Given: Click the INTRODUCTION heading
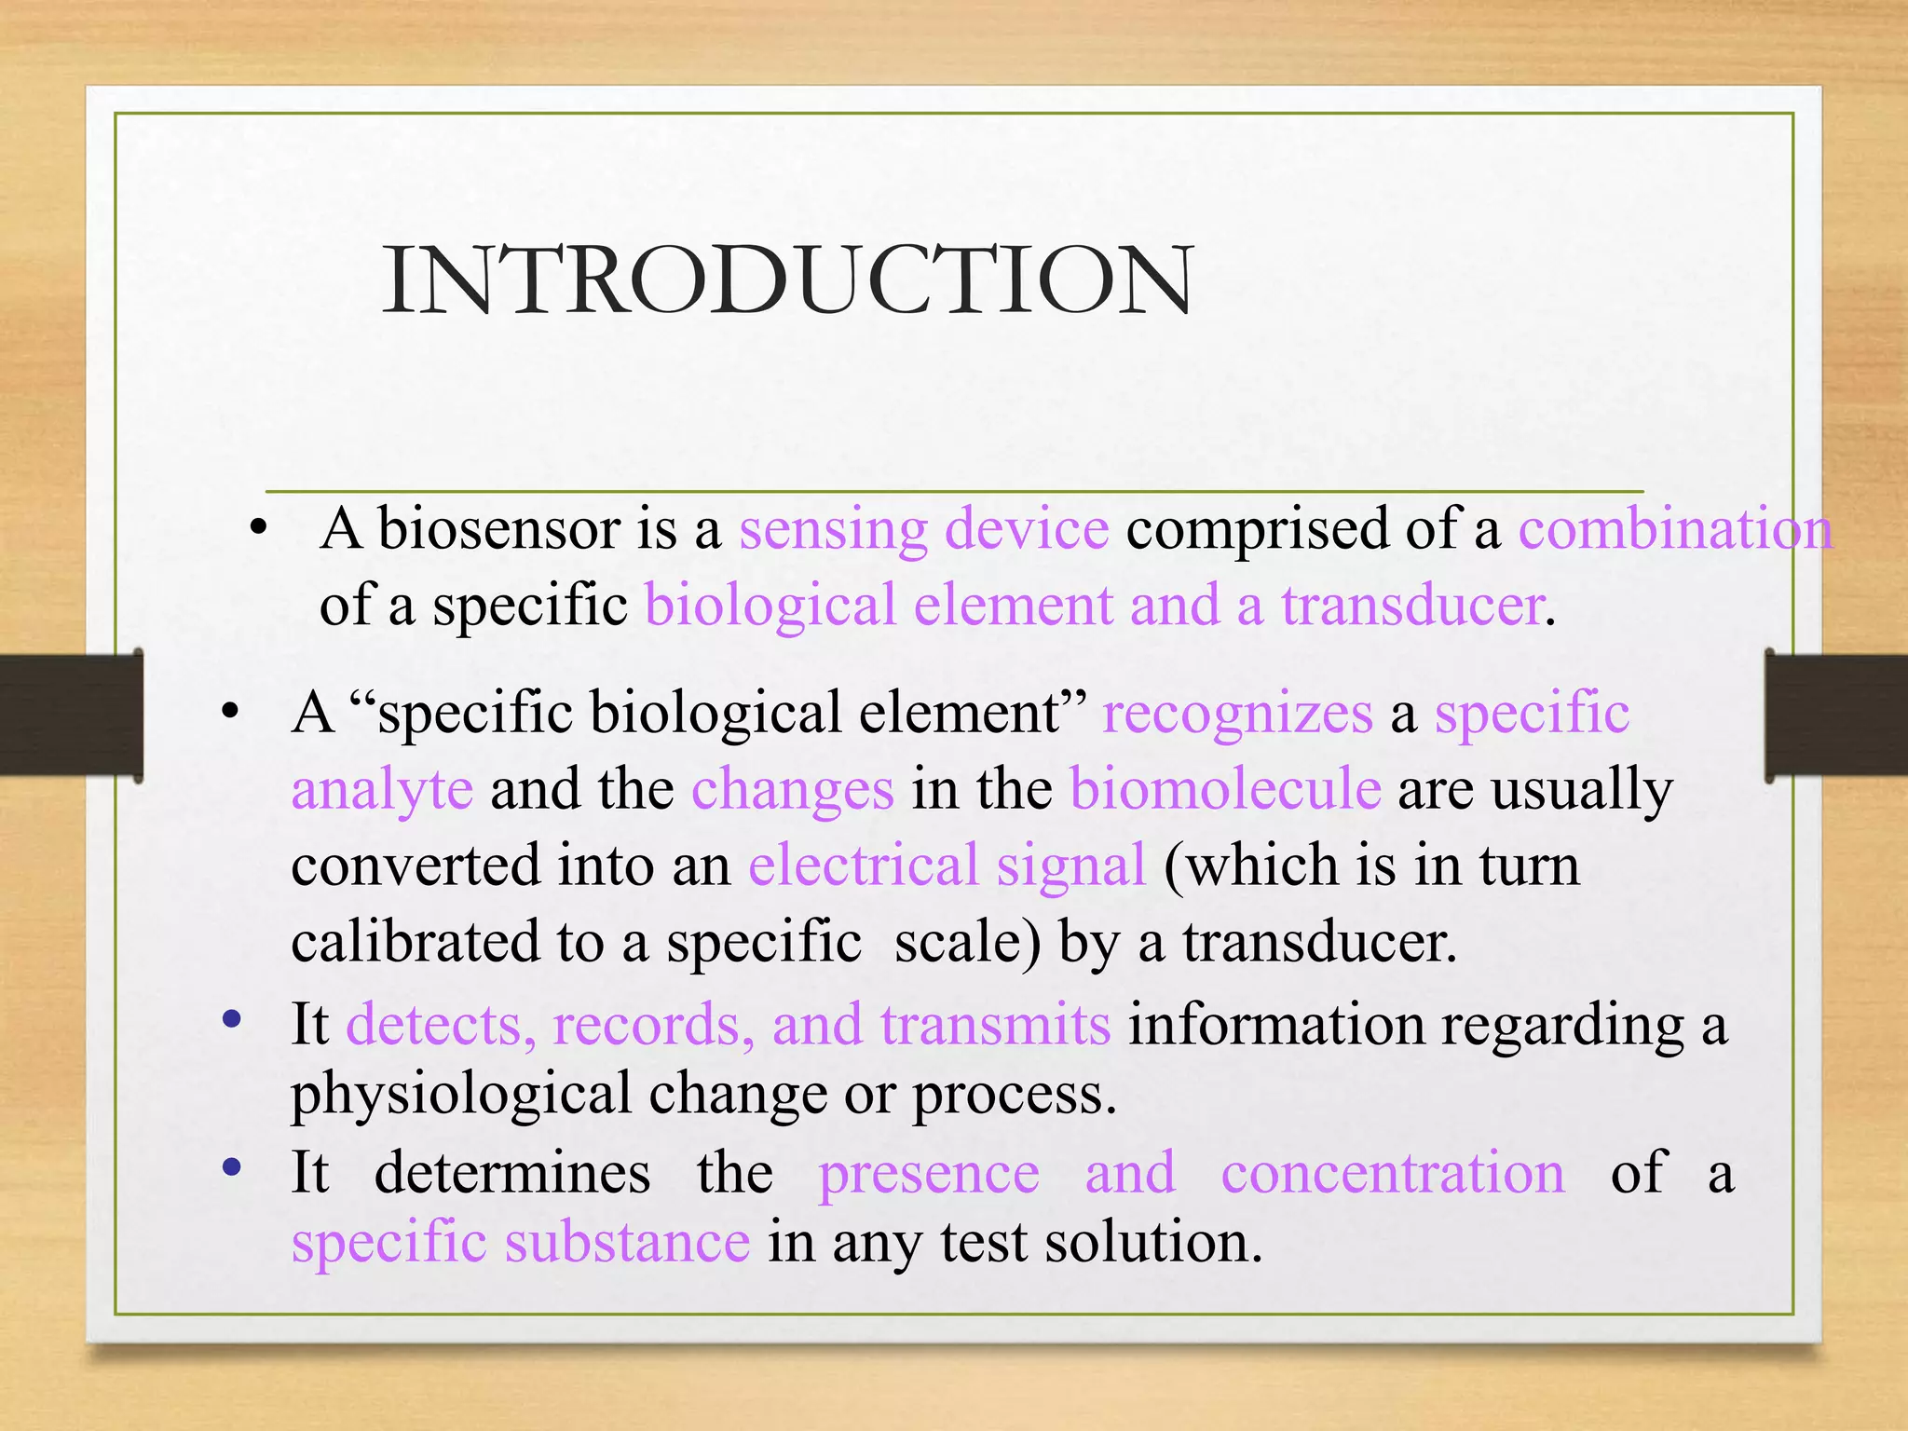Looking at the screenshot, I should (x=787, y=280).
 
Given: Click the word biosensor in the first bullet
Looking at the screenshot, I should (x=498, y=529).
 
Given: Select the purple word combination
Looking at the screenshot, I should (x=1675, y=529).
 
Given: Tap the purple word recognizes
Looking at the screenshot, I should (x=1237, y=714).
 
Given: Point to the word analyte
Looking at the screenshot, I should (x=382, y=790).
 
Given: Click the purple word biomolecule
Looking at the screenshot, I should (x=1225, y=789).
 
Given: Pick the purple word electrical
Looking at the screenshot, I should (x=863, y=865).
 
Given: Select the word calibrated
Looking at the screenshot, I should (x=415, y=941).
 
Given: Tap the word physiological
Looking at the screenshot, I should (x=461, y=1094).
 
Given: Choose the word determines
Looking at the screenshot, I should (x=512, y=1172).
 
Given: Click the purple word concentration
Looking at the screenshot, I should (x=1393, y=1172).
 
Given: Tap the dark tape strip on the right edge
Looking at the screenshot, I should (x=1836, y=715).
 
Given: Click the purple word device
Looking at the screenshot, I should (x=1027, y=529).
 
